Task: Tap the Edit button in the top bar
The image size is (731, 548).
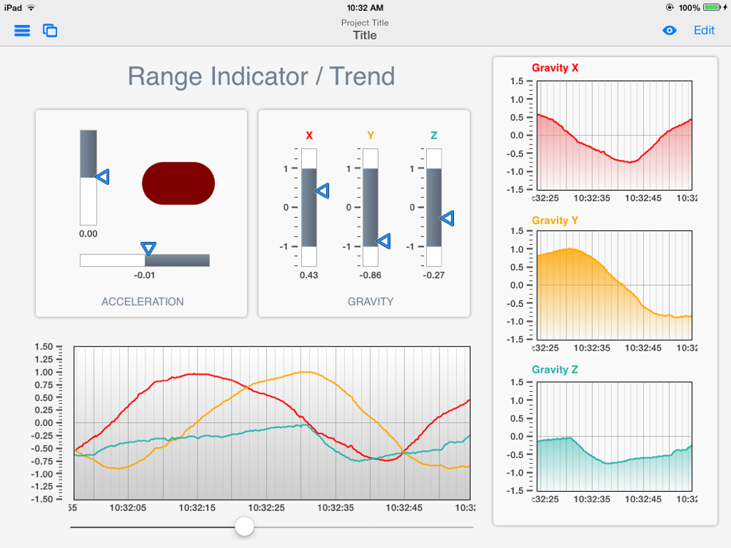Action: pos(704,30)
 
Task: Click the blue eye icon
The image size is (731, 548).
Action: pos(670,31)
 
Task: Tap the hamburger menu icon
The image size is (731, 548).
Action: pos(23,31)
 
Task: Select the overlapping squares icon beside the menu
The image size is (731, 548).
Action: pos(50,31)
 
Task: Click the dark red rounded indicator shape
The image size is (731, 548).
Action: pos(178,183)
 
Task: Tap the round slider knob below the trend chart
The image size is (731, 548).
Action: pos(244,526)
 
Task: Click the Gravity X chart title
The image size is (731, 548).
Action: pos(555,68)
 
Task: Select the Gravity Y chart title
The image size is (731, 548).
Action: pos(555,220)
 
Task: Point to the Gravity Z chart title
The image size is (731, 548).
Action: pos(555,370)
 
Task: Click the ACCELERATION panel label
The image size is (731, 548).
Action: pos(143,301)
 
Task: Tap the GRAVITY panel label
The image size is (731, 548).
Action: pos(371,301)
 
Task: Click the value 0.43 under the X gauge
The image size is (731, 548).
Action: pos(309,275)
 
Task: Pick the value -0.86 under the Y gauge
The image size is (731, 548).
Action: pos(371,275)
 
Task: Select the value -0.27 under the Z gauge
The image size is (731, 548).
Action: pos(434,275)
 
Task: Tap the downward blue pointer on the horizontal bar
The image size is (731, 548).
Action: pos(148,249)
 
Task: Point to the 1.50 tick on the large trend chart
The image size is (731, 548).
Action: pos(44,347)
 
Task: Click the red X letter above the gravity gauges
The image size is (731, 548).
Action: pos(309,135)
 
